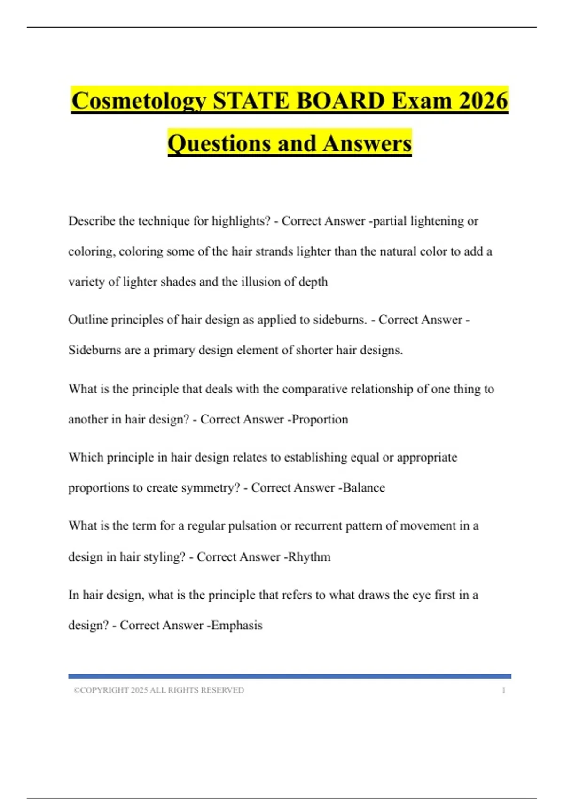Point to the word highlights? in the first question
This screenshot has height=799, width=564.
241,221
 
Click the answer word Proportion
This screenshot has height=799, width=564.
320,419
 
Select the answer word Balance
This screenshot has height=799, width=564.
364,487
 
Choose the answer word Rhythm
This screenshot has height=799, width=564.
309,556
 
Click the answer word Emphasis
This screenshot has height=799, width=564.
237,625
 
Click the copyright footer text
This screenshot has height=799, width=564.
159,690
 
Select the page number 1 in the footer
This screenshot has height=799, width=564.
504,690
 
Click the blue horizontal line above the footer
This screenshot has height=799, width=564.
290,676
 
